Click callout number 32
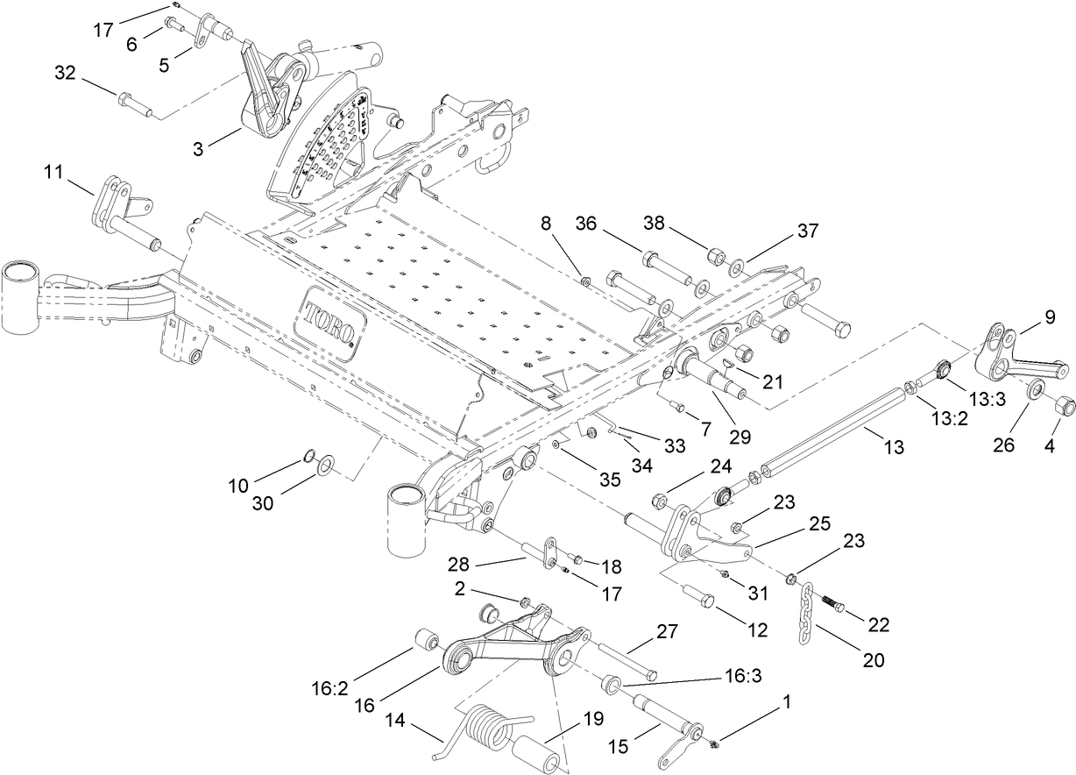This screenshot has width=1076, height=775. coord(65,73)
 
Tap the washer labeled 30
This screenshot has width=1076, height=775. coord(326,464)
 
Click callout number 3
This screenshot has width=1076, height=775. coord(198,150)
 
